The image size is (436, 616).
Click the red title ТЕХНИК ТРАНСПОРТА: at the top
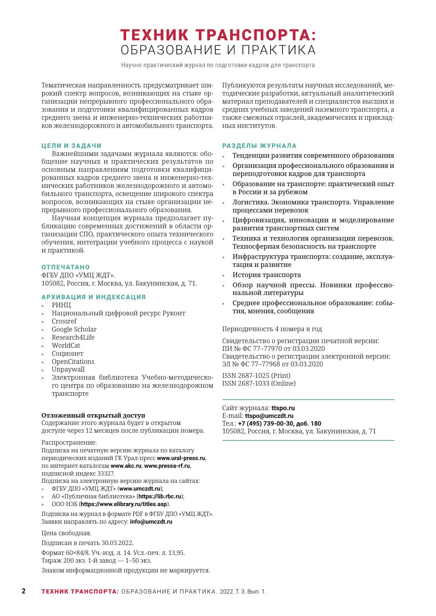coord(218,35)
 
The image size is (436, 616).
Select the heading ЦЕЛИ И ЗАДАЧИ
coord(71,146)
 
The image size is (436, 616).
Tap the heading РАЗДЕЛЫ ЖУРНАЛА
coord(259,146)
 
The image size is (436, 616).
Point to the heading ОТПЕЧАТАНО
coord(66,267)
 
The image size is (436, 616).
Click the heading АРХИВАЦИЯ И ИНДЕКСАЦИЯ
coord(93,297)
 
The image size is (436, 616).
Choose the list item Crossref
coord(64,321)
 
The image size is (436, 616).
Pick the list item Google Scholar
coord(74,329)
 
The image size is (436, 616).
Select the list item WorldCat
coord(66,346)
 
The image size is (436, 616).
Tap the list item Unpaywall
coord(68,369)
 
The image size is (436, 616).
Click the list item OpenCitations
coord(73,362)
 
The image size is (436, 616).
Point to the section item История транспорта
coord(267,275)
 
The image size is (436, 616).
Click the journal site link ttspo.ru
coord(283,408)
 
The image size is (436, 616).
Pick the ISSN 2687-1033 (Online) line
coord(259,383)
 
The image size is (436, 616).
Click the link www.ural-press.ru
coord(181,458)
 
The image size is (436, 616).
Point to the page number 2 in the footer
coord(24,591)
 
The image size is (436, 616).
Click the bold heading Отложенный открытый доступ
coord(93,415)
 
